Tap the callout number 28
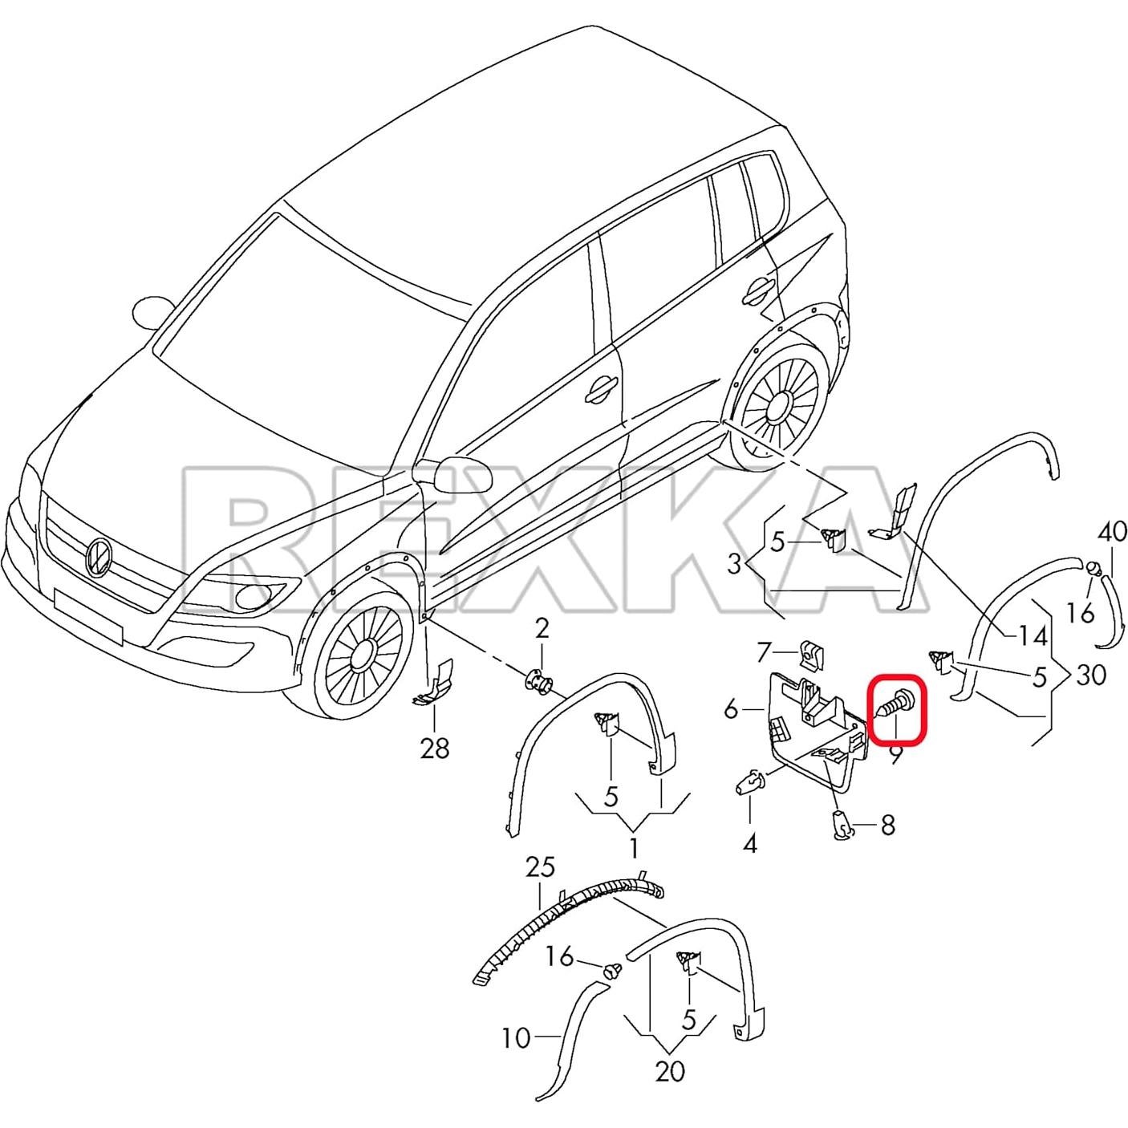coord(434,749)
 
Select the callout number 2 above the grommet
coord(542,628)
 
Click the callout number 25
coord(540,867)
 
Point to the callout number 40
coord(1112,531)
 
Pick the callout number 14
coord(1033,636)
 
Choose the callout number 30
coord(1091,675)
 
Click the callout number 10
coord(516,1038)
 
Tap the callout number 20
coord(669,1070)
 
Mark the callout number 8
coord(887,825)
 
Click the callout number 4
coord(749,843)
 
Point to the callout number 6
coord(731,708)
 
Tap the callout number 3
coord(734,564)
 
